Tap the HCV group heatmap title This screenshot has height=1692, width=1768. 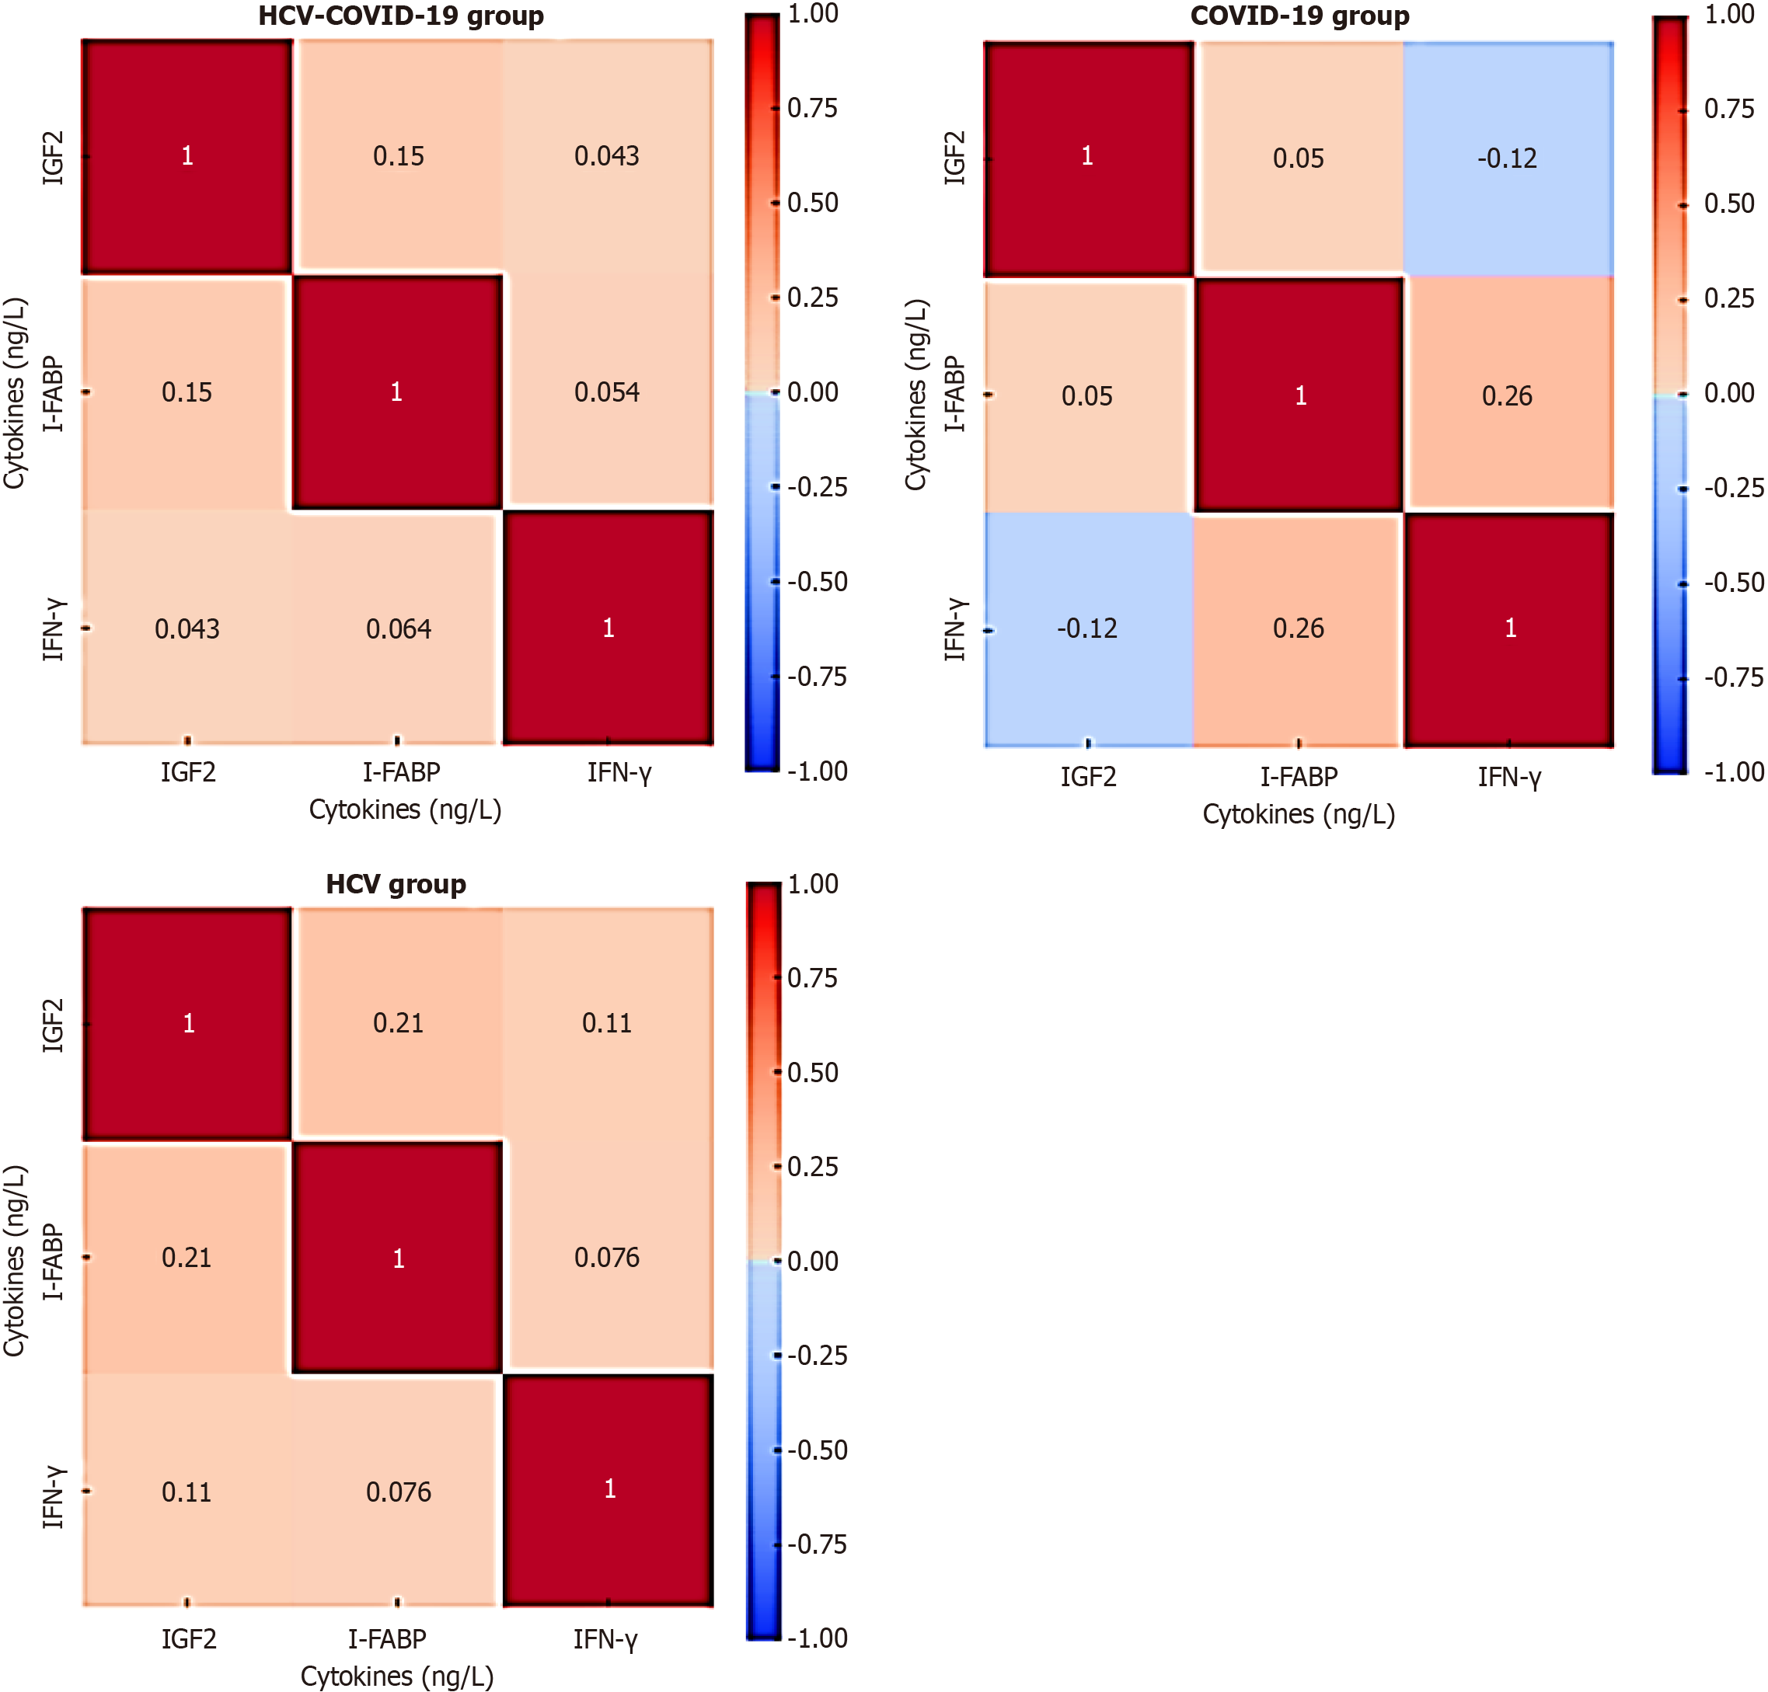[396, 884]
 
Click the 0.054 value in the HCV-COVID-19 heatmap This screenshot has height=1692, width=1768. [607, 392]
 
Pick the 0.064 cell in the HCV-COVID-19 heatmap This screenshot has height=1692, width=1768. [398, 628]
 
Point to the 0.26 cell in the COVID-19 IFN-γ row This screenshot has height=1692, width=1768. [1298, 628]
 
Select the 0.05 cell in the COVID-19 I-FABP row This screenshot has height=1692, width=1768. [1087, 396]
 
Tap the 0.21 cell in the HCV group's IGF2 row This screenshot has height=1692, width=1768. [398, 1023]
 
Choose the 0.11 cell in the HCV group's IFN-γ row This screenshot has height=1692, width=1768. [187, 1492]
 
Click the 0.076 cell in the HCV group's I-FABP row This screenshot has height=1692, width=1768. [607, 1257]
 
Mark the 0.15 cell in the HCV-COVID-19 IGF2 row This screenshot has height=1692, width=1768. [398, 156]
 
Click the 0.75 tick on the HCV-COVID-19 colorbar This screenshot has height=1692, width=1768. [812, 108]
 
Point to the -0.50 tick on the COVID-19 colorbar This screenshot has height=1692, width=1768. [1733, 583]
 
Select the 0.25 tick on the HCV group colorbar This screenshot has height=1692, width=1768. [812, 1166]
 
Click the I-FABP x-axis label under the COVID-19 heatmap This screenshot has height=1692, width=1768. [1298, 777]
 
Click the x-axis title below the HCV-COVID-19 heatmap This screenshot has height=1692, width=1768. [405, 809]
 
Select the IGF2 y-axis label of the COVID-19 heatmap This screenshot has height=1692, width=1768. [954, 158]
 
